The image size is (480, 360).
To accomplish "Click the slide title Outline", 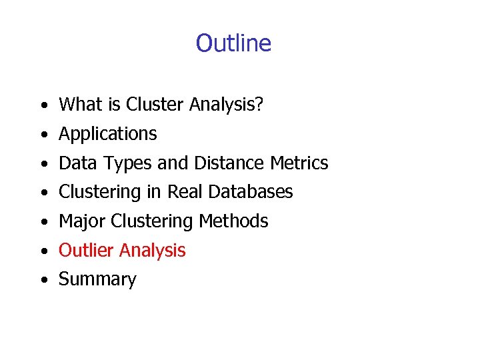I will (x=233, y=43).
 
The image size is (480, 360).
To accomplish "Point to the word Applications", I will (x=108, y=134).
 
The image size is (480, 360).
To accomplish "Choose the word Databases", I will (x=251, y=192).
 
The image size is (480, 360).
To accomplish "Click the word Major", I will (x=82, y=221).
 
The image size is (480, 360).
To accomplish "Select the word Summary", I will (x=97, y=280).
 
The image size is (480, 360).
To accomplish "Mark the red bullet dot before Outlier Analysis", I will (x=42, y=252).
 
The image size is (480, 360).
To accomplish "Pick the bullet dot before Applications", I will (x=42, y=135).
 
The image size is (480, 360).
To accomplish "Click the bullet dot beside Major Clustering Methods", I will (x=42, y=223).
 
